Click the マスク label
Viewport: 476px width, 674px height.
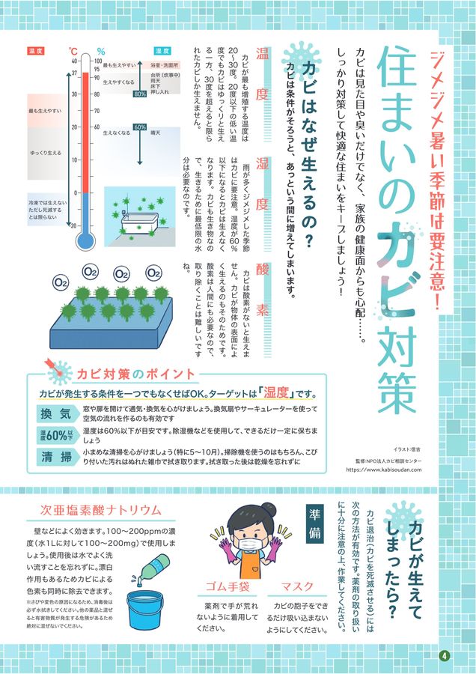(297, 586)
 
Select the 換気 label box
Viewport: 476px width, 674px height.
(57, 413)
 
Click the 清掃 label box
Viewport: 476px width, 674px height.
(57, 456)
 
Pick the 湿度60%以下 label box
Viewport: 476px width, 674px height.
(57, 435)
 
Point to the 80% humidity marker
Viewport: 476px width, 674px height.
(139, 94)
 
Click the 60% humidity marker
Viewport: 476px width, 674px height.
(139, 127)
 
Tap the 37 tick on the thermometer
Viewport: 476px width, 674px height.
(75, 73)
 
